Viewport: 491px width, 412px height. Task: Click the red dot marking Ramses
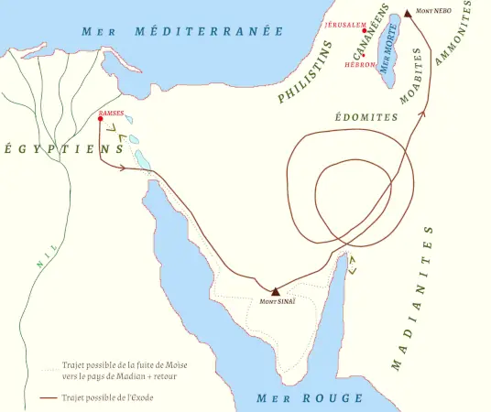tap(100, 119)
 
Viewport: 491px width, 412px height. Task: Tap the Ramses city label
tap(112, 113)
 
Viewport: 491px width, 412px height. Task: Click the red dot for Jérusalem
tap(365, 29)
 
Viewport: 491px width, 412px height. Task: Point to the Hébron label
tap(360, 65)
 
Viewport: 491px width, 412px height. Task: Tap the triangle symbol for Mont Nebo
tap(408, 16)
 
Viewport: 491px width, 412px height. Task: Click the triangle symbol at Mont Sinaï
tap(275, 290)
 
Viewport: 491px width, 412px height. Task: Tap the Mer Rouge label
tap(310, 398)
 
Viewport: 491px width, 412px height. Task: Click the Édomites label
tap(367, 118)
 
